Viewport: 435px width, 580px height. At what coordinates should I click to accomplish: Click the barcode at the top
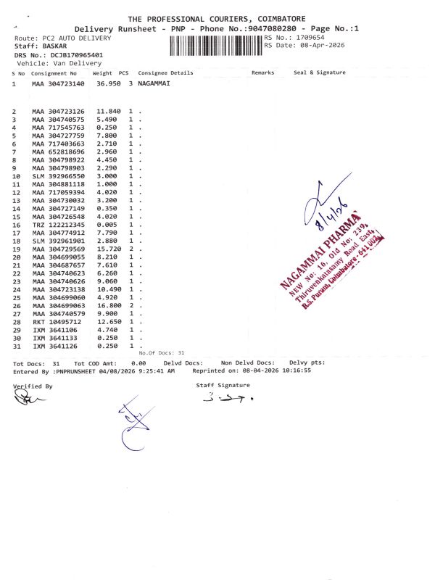coord(215,46)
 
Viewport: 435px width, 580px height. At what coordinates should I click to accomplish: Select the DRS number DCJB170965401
coord(76,54)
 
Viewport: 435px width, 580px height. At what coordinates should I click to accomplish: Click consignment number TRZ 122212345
coord(59,225)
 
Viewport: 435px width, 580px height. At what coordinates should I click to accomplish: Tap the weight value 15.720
coord(108,249)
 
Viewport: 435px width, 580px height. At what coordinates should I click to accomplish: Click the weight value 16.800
coord(108,306)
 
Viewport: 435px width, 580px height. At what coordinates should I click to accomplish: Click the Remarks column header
coord(262,72)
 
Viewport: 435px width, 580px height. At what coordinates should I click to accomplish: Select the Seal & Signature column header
coord(319,72)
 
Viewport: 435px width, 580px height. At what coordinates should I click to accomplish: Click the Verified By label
coord(33,386)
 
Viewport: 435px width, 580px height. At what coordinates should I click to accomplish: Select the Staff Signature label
coord(223,385)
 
